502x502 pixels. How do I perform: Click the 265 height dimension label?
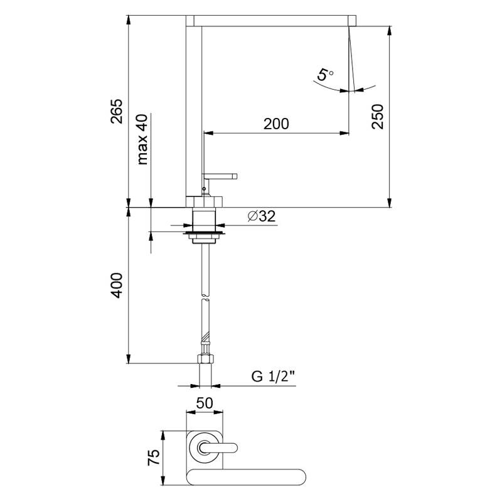click(x=117, y=111)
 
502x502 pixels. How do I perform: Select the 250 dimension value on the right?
click(x=378, y=117)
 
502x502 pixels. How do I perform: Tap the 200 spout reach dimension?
click(x=276, y=124)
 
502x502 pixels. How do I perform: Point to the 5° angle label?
click(x=325, y=75)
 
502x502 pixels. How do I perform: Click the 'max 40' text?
click(x=142, y=139)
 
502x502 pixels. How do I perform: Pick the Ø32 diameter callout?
click(x=262, y=216)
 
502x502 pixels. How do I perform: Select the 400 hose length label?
click(x=117, y=286)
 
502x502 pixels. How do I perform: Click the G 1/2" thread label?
click(x=273, y=376)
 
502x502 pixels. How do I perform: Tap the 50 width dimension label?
click(x=205, y=403)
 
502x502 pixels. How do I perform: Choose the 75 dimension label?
click(x=154, y=457)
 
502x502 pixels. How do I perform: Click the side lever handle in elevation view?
click(x=220, y=176)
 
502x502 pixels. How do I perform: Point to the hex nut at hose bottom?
click(x=205, y=358)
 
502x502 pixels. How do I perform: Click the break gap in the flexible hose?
click(x=205, y=297)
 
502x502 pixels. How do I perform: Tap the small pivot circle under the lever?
click(x=205, y=189)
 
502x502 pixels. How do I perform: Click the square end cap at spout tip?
click(x=352, y=21)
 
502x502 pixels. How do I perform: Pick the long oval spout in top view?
click(x=246, y=478)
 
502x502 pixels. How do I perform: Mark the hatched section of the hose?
click(x=205, y=338)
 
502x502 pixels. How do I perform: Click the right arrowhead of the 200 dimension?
click(x=344, y=133)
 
